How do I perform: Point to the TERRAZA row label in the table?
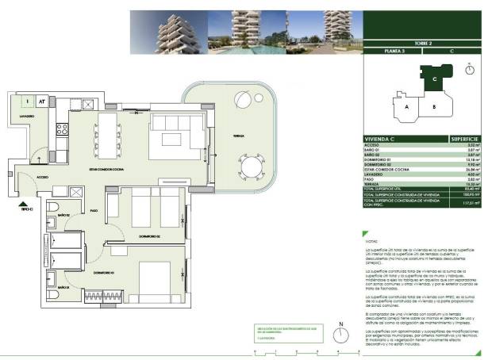[x=372, y=181]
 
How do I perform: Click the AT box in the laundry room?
[x=40, y=101]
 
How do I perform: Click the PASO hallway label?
[x=94, y=210]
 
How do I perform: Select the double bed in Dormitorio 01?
[x=158, y=278]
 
